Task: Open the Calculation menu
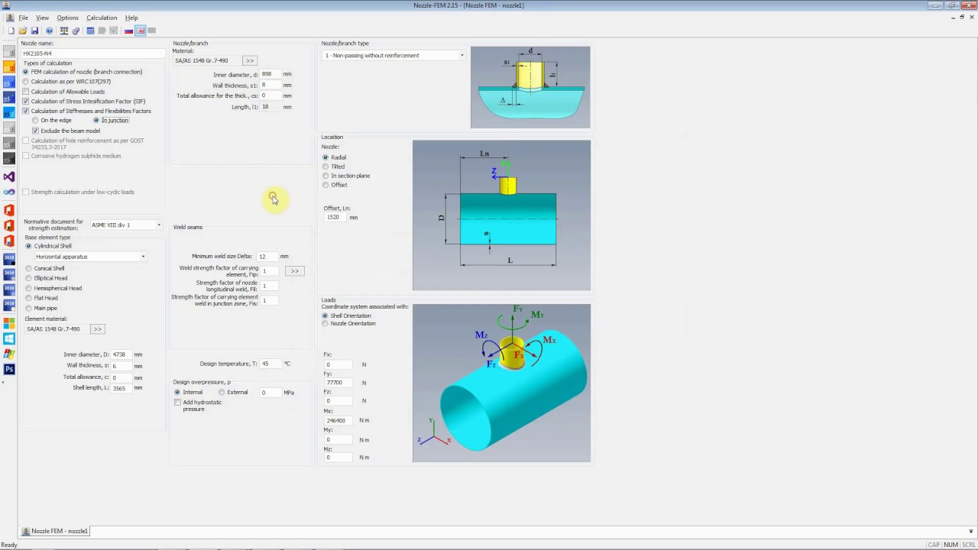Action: click(x=102, y=18)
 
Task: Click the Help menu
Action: click(x=131, y=18)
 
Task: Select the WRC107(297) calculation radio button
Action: click(x=26, y=82)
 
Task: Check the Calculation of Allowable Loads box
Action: click(x=26, y=92)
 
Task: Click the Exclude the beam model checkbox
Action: click(x=35, y=131)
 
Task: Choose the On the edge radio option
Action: click(x=35, y=121)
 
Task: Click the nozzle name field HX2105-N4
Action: click(x=92, y=53)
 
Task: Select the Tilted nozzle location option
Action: click(x=325, y=167)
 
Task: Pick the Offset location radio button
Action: click(x=325, y=185)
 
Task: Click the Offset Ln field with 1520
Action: click(x=335, y=218)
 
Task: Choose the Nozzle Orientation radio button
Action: click(x=325, y=324)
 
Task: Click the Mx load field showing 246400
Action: click(x=338, y=421)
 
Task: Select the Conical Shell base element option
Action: click(x=29, y=269)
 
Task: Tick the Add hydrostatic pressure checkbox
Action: click(x=178, y=403)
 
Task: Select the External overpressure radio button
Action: click(x=222, y=393)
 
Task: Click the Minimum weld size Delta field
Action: click(x=267, y=257)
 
